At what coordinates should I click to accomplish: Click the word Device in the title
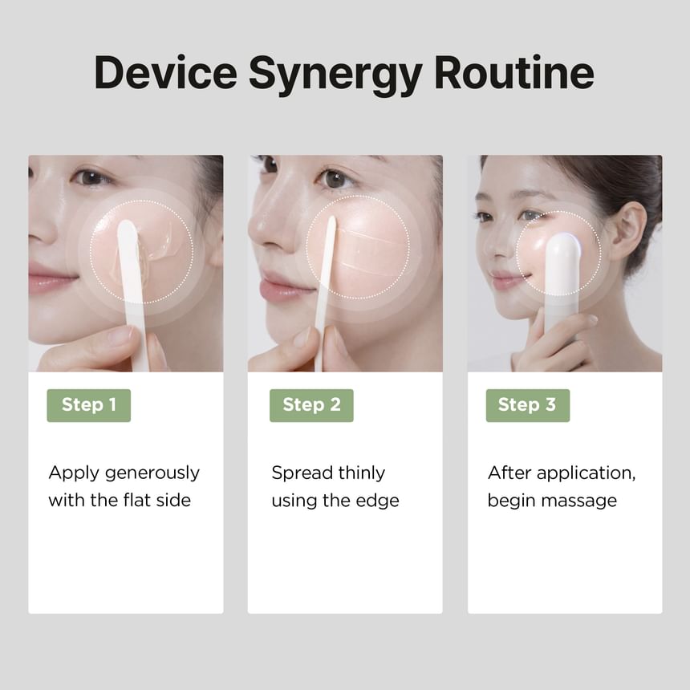point(165,72)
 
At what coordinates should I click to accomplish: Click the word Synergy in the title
point(335,75)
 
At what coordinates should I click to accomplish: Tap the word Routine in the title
point(514,72)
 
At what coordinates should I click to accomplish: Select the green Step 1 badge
point(89,405)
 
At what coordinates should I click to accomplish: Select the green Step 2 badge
point(311,405)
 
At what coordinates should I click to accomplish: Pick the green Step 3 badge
point(528,405)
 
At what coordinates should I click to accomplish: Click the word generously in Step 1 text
point(152,474)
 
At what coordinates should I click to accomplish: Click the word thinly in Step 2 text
point(362,474)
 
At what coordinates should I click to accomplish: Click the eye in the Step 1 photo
point(91,177)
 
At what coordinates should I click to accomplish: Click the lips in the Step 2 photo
point(282,288)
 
